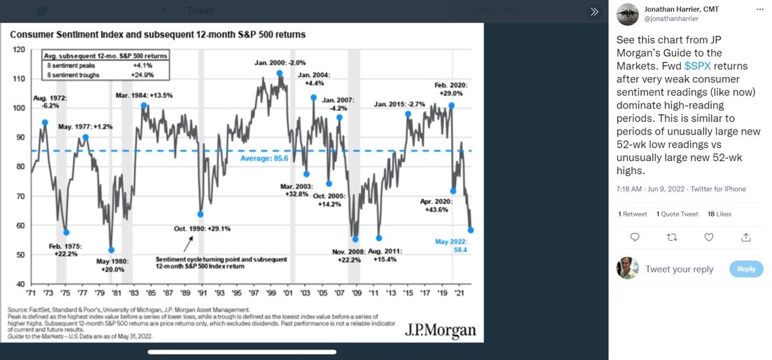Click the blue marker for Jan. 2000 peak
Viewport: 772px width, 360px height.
coord(280,74)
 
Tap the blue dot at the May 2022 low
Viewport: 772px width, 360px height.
coord(471,230)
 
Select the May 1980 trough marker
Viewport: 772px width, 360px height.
coord(111,250)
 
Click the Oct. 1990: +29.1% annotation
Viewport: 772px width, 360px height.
coord(202,228)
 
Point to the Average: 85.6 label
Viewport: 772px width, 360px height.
coord(264,159)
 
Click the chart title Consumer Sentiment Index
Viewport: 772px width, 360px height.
coord(158,34)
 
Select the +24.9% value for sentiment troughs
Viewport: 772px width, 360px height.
coord(142,74)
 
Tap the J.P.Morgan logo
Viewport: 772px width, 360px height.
coord(440,330)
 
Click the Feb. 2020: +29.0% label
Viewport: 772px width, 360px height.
coord(451,89)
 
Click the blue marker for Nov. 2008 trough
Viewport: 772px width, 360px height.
coord(355,240)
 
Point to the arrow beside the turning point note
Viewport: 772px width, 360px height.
coord(188,244)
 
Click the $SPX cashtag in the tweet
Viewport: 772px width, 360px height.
coord(697,66)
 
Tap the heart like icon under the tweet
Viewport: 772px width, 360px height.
coord(708,237)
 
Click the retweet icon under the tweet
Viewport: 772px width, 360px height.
coord(672,237)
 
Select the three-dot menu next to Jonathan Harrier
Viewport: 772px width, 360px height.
coord(759,10)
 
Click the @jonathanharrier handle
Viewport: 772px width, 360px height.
coord(670,19)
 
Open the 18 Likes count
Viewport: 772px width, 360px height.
coord(719,214)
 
